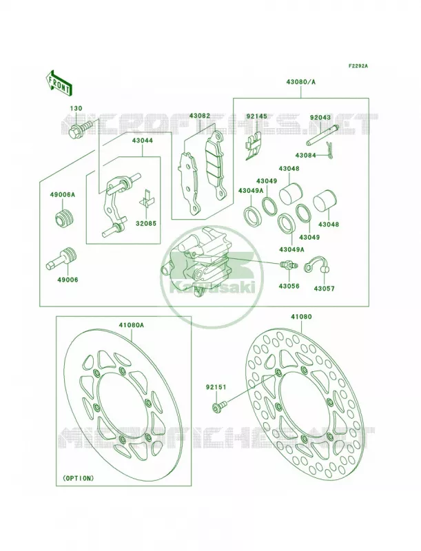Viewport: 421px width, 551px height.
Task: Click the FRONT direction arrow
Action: (x=59, y=83)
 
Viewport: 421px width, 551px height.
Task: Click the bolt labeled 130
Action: (x=80, y=129)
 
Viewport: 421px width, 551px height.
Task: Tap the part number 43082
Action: (x=200, y=115)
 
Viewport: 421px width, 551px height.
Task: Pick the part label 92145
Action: (x=256, y=116)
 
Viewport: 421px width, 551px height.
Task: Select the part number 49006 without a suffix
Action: (x=66, y=280)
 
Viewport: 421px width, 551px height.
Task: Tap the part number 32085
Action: (x=147, y=223)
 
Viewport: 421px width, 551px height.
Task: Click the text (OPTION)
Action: (x=78, y=478)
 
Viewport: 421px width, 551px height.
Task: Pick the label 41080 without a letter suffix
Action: (x=301, y=316)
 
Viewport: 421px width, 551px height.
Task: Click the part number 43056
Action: (x=289, y=287)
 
